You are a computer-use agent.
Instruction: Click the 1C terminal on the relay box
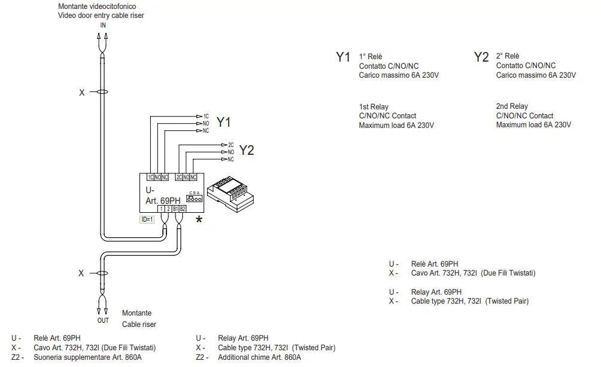(x=150, y=178)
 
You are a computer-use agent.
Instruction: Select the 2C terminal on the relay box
(x=179, y=178)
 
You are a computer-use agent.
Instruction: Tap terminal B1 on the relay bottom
(x=175, y=209)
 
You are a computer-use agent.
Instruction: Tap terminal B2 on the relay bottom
(x=183, y=209)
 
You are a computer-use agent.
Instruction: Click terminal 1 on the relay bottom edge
(x=162, y=209)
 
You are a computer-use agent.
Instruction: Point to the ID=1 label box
(x=147, y=219)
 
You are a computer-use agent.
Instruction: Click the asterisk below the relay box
(x=199, y=221)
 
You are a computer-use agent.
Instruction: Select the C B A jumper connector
(x=194, y=198)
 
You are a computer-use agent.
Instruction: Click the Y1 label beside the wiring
(x=223, y=123)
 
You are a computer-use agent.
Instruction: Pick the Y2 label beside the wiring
(x=246, y=151)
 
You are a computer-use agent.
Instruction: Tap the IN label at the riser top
(x=103, y=25)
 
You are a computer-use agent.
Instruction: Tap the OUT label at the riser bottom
(x=103, y=320)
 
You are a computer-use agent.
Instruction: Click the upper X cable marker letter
(x=82, y=93)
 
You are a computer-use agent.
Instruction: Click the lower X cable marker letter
(x=81, y=273)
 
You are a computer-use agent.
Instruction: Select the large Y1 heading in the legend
(x=342, y=57)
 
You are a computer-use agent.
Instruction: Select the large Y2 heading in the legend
(x=481, y=57)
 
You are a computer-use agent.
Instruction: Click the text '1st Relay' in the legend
(x=374, y=106)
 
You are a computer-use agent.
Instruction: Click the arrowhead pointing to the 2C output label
(x=224, y=145)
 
